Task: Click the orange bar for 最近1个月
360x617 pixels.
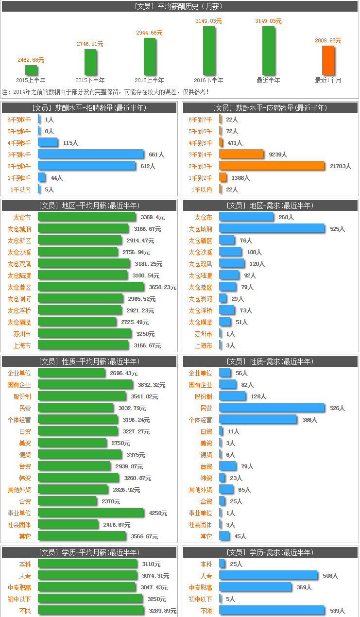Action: [x=328, y=60]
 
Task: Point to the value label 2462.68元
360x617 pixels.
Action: [x=31, y=60]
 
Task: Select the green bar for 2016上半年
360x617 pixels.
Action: [x=150, y=56]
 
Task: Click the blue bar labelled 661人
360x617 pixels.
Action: [x=91, y=154]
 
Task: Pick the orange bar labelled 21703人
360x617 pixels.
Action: [x=272, y=166]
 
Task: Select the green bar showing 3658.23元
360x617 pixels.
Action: [x=91, y=287]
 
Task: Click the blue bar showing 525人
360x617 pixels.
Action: [x=272, y=228]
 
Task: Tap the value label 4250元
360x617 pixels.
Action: [x=158, y=513]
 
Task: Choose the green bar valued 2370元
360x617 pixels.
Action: [x=67, y=501]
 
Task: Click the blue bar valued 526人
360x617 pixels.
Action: [x=272, y=408]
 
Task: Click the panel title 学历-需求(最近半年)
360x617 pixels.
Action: [x=270, y=552]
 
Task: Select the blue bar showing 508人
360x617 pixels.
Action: [x=268, y=576]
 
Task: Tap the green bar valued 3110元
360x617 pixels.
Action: [x=87, y=564]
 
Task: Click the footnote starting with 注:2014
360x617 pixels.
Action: [x=105, y=91]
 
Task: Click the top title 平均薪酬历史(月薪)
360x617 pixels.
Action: [x=179, y=6]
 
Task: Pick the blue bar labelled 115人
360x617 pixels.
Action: [x=48, y=142]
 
